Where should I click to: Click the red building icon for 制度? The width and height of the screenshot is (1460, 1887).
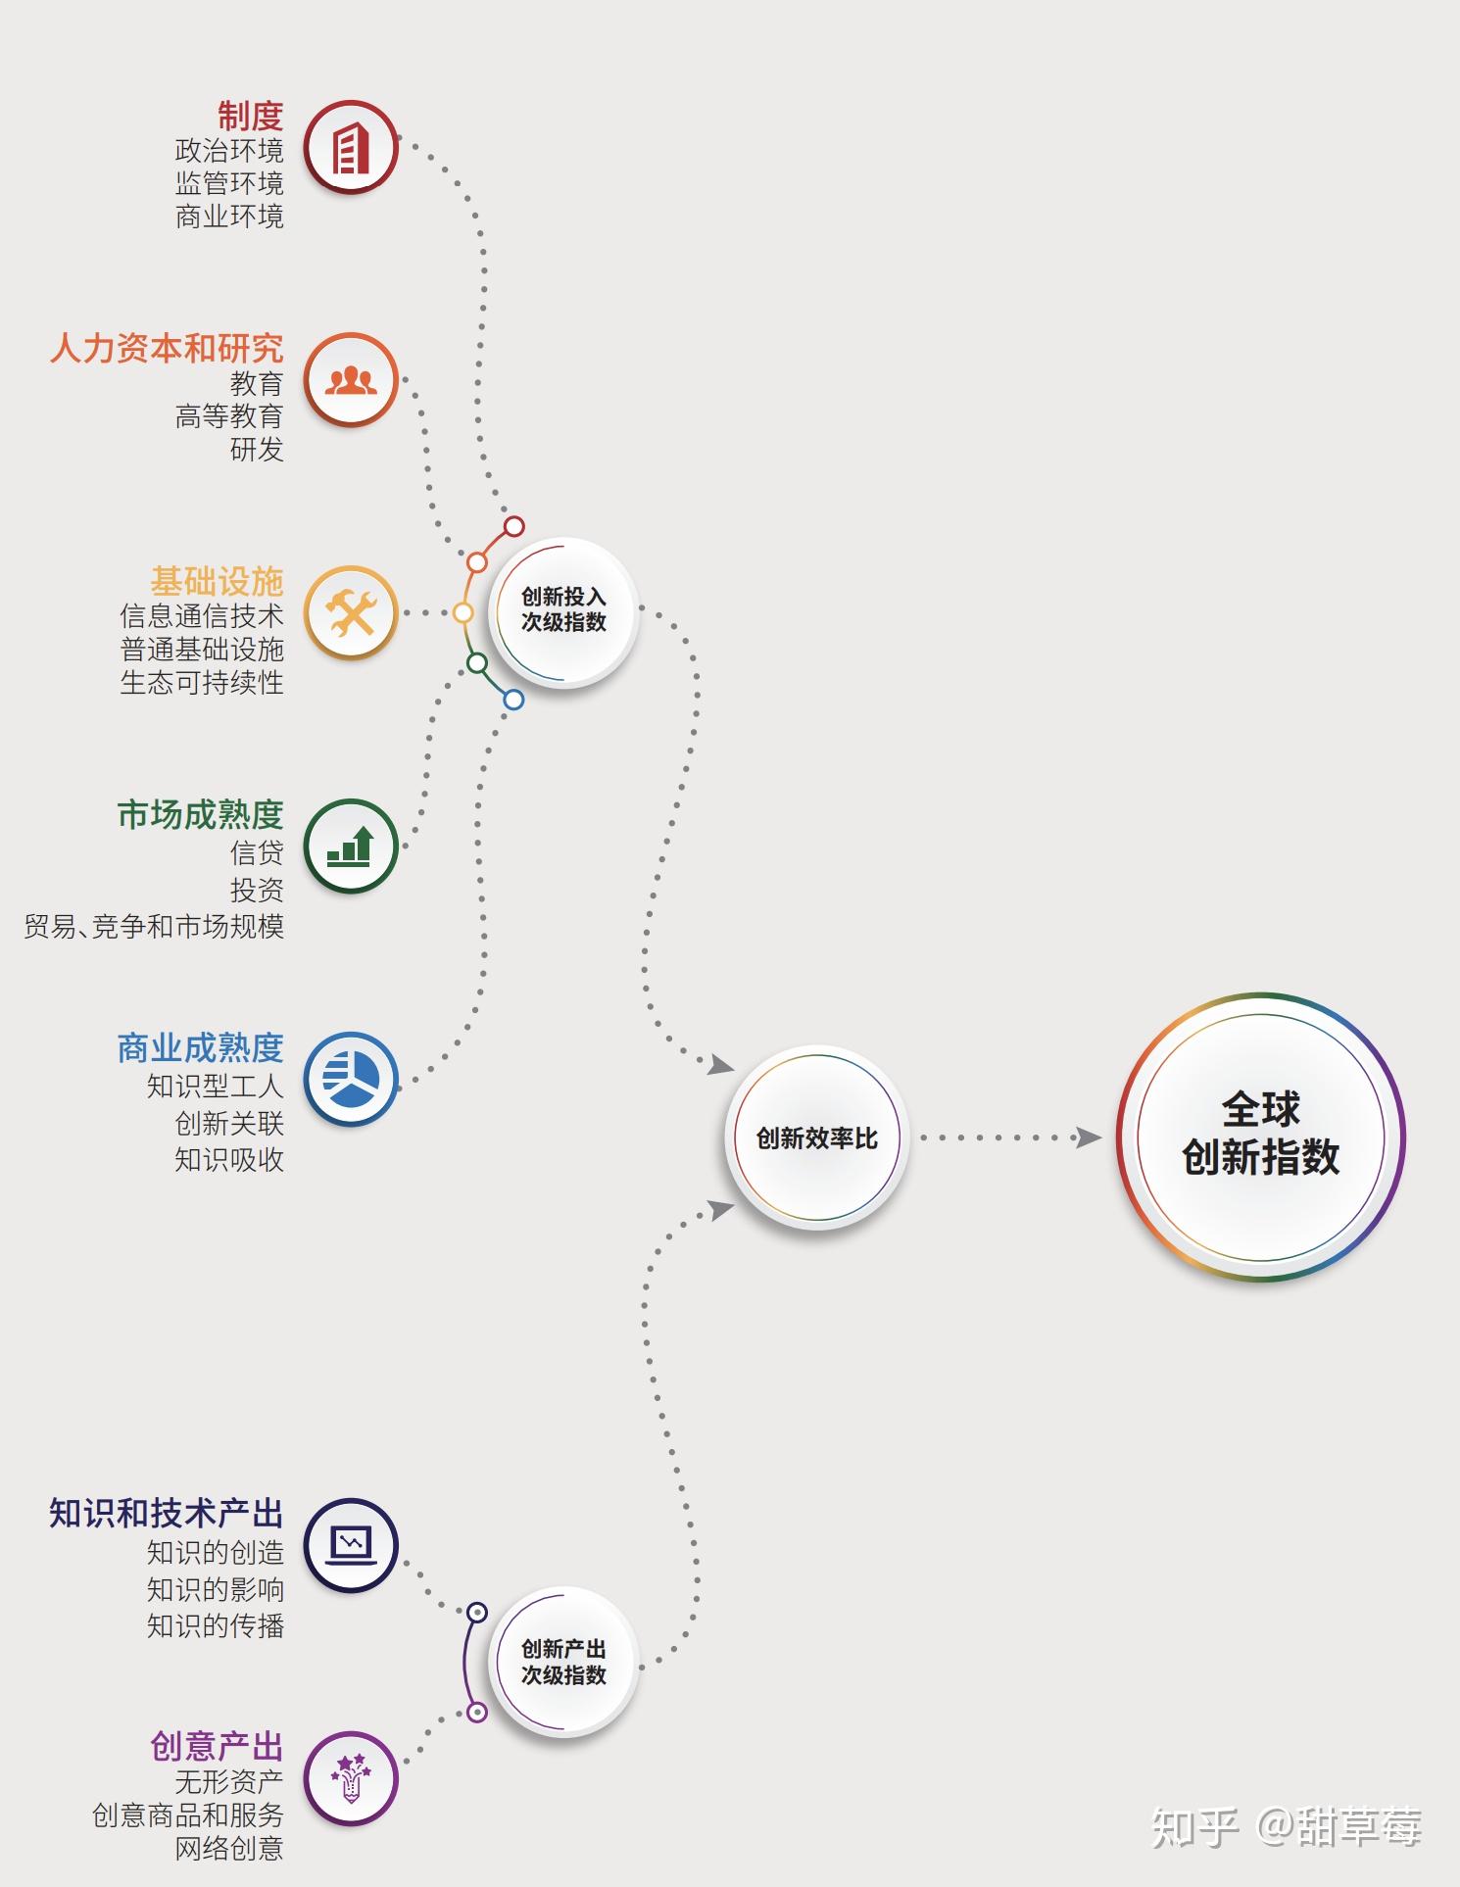[x=351, y=148]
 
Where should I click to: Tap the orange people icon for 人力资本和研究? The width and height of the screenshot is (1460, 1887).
[x=351, y=380]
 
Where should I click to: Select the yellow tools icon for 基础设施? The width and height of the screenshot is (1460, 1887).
[x=351, y=613]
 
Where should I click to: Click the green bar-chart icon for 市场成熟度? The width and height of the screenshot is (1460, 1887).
[x=351, y=846]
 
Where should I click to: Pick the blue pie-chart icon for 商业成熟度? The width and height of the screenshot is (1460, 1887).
[x=351, y=1079]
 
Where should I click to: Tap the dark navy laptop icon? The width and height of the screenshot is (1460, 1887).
[x=351, y=1545]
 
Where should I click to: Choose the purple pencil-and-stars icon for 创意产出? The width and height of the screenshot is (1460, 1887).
[x=351, y=1778]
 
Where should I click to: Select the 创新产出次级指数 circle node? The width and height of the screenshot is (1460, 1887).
[x=563, y=1662]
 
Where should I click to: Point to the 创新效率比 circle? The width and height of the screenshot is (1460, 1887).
[x=816, y=1137]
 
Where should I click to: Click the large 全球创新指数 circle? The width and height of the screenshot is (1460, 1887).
[x=1260, y=1137]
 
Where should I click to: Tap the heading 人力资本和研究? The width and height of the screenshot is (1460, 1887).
[x=167, y=349]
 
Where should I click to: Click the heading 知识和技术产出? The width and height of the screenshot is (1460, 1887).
[x=167, y=1514]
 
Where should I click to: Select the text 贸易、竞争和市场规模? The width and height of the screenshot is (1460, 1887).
[x=154, y=927]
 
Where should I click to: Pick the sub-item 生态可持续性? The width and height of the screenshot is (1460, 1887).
[x=202, y=683]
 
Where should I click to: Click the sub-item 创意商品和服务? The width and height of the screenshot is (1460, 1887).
[x=188, y=1815]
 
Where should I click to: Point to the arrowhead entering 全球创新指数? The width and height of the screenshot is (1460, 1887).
[x=1088, y=1137]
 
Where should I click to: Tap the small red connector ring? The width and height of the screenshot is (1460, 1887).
[x=513, y=526]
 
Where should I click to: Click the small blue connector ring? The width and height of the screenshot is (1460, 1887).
[x=513, y=700]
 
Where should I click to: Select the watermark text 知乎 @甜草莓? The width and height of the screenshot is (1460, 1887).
[x=1286, y=1828]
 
